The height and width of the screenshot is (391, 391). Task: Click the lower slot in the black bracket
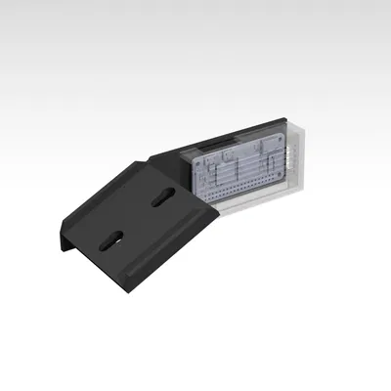(x=114, y=239)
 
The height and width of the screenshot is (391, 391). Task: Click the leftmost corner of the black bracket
(x=61, y=241)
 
